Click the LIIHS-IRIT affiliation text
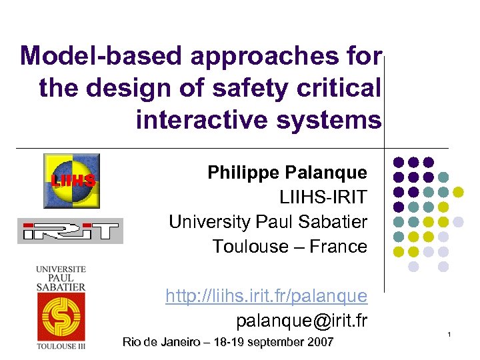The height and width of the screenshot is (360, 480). (323, 197)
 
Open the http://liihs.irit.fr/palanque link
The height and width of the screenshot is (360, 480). (266, 295)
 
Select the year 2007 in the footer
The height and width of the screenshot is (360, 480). (320, 343)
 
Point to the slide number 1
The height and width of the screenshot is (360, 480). (449, 333)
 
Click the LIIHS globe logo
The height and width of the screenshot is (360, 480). (71, 181)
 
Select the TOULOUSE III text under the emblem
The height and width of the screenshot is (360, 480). (61, 346)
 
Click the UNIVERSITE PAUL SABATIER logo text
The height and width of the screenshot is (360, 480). (61, 278)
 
